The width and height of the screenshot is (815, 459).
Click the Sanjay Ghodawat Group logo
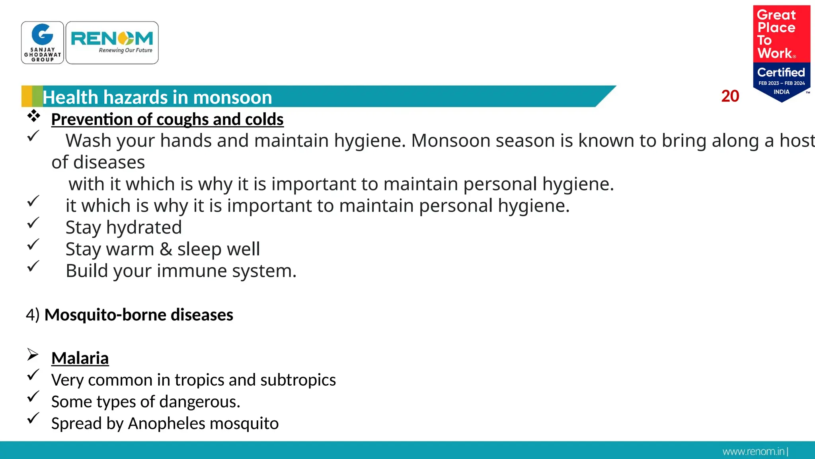click(43, 43)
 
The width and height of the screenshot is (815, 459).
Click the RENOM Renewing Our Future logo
click(112, 43)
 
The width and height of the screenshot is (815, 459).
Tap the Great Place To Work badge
click(781, 53)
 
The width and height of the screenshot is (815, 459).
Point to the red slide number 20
click(730, 96)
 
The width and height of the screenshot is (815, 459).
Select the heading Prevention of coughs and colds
click(167, 120)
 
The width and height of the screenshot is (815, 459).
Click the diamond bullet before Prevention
click(34, 116)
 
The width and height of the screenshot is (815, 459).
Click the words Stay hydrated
click(123, 228)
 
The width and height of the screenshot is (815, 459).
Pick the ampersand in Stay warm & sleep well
click(166, 249)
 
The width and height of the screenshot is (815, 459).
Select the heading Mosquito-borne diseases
click(138, 315)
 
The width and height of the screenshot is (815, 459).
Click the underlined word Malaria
click(80, 358)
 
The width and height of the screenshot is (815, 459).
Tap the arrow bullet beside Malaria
click(33, 354)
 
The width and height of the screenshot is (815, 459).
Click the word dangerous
click(199, 402)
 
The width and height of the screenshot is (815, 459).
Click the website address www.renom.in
click(753, 451)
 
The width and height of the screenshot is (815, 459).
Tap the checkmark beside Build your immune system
click(33, 266)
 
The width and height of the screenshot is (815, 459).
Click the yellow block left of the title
click(27, 96)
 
